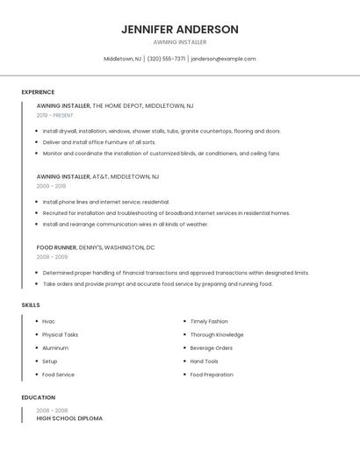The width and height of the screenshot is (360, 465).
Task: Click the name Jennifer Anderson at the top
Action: tap(179, 29)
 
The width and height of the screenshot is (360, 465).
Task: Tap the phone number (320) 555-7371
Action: tap(166, 59)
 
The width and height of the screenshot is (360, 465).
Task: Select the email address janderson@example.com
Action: tap(223, 59)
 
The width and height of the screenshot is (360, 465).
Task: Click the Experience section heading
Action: tap(38, 92)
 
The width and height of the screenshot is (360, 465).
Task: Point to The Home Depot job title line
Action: tap(115, 106)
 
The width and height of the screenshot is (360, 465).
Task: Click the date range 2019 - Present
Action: tap(54, 115)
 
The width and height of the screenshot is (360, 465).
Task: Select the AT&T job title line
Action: tap(97, 176)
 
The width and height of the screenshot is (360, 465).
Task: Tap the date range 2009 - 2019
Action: tap(51, 186)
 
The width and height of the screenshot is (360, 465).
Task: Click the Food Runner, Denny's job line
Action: tap(96, 247)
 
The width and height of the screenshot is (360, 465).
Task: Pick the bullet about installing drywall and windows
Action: tap(162, 131)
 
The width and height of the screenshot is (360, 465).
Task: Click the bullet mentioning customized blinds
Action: tap(162, 153)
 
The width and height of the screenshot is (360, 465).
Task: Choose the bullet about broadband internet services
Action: tap(166, 212)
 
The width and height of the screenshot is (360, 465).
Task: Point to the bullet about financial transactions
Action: tap(176, 273)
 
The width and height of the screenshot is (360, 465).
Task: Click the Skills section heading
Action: tap(31, 304)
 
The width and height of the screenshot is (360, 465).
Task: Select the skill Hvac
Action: tap(48, 321)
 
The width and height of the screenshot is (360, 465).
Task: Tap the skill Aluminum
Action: tap(55, 348)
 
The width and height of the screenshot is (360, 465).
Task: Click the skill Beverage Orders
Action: tap(212, 348)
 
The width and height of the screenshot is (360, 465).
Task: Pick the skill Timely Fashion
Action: tap(209, 321)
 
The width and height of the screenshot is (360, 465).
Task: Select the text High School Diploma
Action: tap(69, 418)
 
